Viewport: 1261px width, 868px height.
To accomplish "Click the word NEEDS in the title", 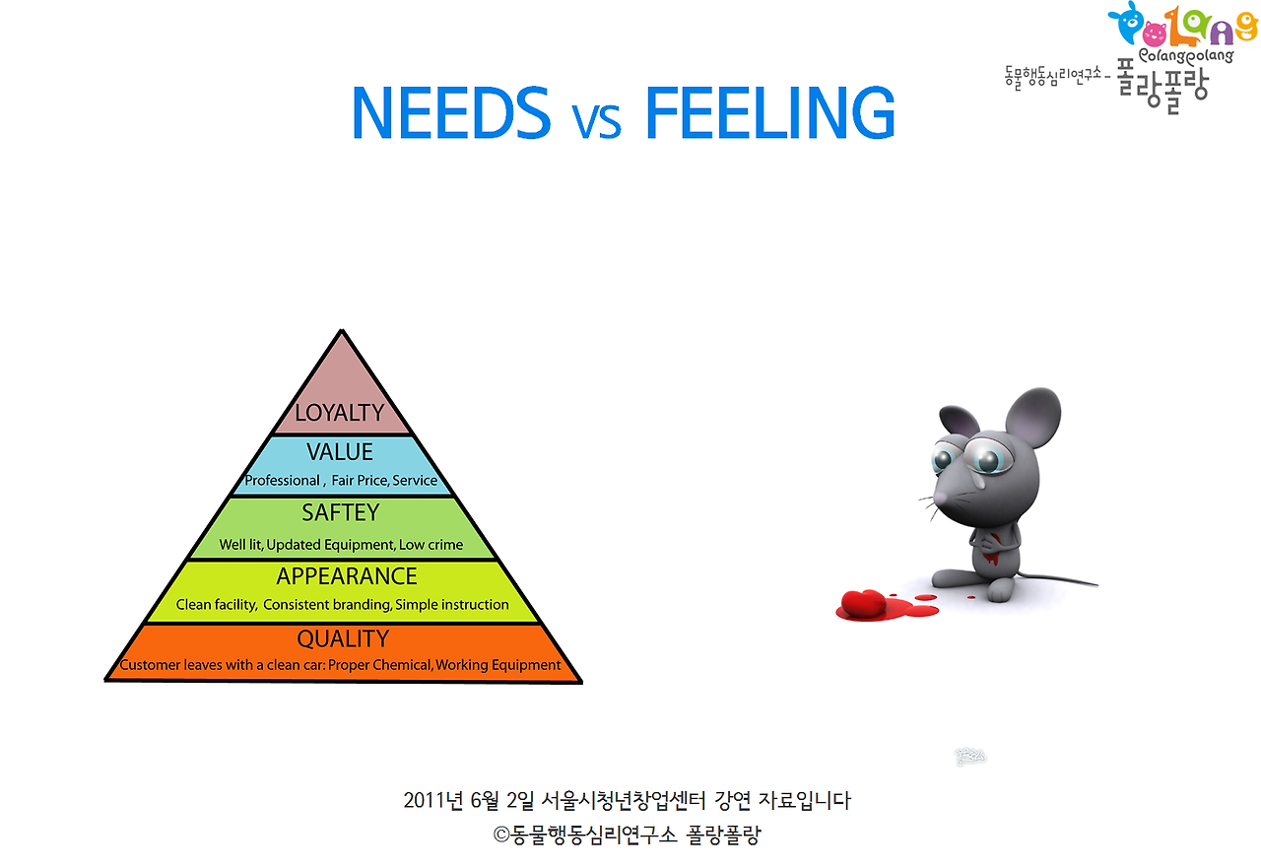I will (450, 112).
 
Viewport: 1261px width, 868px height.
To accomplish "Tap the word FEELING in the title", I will (769, 112).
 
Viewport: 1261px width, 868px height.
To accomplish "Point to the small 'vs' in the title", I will (597, 120).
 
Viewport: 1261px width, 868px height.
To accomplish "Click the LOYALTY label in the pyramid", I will (339, 413).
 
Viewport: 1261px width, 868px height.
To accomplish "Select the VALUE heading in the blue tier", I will (340, 452).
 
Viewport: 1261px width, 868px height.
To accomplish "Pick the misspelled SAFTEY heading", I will (340, 512).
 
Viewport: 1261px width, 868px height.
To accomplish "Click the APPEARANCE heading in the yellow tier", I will (347, 576).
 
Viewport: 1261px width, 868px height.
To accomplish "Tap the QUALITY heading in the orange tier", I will (343, 638).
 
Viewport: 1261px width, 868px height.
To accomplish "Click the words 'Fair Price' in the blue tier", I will (360, 481).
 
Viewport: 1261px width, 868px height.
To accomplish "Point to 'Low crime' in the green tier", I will (431, 545).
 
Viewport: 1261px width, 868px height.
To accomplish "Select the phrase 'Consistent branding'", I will (327, 605).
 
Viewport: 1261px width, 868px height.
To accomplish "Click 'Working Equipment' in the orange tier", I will (498, 665).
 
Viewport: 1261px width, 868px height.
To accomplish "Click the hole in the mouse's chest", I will (993, 545).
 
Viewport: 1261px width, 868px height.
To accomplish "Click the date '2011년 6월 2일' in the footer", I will (469, 800).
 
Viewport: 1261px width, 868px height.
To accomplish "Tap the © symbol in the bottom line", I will (501, 835).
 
